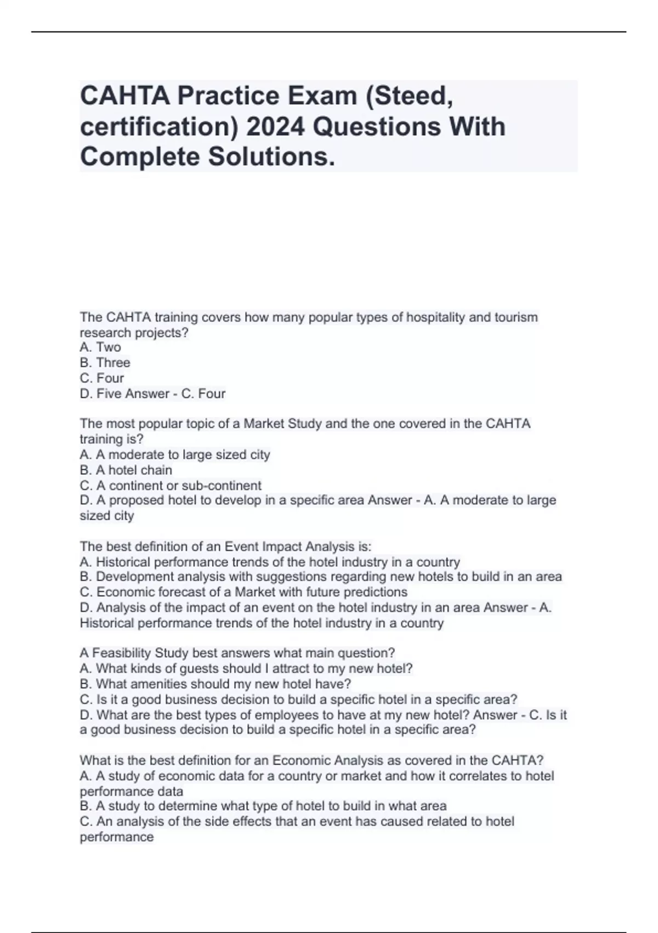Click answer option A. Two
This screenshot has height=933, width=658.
tap(100, 347)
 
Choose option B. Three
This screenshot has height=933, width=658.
tap(105, 362)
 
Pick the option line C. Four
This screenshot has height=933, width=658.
tap(102, 378)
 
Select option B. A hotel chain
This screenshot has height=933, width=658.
tap(126, 470)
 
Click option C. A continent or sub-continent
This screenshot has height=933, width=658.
tap(171, 485)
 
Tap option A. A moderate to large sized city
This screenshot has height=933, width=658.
tap(175, 454)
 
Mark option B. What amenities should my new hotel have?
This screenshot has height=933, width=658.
tap(215, 684)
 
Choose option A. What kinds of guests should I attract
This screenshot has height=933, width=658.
tap(246, 668)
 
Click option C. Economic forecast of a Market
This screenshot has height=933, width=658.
tap(243, 592)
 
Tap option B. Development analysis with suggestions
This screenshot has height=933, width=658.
tap(321, 577)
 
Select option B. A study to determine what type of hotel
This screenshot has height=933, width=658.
tap(263, 806)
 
